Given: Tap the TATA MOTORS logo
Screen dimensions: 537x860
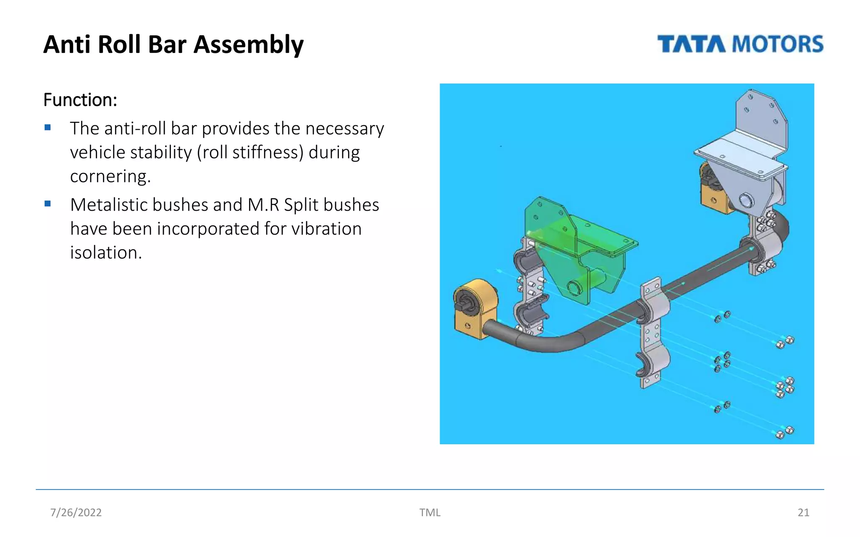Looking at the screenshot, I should click(740, 44).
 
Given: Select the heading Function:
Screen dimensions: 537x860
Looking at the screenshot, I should click(80, 100).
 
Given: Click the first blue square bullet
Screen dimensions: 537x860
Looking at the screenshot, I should click(47, 128).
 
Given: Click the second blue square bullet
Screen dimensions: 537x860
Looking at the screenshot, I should click(47, 204).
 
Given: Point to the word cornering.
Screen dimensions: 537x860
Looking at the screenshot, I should click(110, 176).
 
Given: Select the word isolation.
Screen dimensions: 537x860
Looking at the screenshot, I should click(106, 253).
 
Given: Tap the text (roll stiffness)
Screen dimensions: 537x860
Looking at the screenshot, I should click(250, 152).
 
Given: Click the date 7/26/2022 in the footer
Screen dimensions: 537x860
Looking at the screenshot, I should click(76, 512).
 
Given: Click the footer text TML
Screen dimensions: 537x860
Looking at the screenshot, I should click(430, 512).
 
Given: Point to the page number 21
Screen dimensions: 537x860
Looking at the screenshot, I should click(803, 512).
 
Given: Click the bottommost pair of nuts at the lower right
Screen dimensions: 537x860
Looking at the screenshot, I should click(784, 432).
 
